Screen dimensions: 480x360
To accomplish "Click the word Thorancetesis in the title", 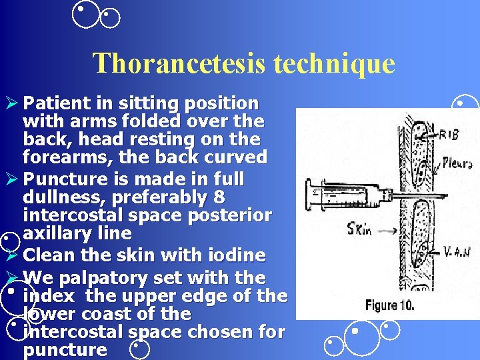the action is click(173, 63).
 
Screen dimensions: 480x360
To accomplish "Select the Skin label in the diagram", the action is click(360, 230).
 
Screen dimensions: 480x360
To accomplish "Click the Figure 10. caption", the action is click(389, 306).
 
